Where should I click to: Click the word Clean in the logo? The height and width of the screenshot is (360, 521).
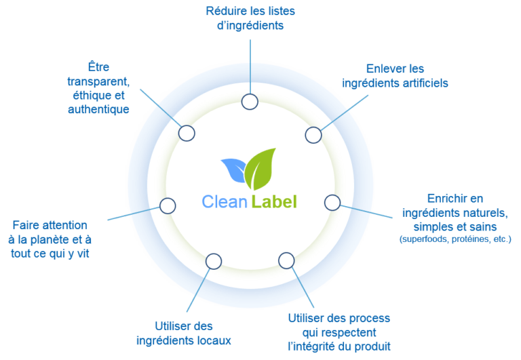pyautogui.click(x=225, y=202)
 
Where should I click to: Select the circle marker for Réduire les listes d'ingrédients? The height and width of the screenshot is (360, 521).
pyautogui.click(x=250, y=102)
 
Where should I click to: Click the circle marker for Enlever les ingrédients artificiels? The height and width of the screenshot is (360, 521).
pyautogui.click(x=313, y=135)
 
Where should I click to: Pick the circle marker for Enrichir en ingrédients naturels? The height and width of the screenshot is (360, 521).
pyautogui.click(x=332, y=202)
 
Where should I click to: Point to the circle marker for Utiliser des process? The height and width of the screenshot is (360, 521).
pyautogui.click(x=286, y=260)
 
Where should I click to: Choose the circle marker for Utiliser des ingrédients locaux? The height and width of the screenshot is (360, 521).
pyautogui.click(x=213, y=260)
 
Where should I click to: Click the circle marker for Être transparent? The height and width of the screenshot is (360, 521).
pyautogui.click(x=187, y=132)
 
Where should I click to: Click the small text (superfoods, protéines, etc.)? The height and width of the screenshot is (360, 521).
pyautogui.click(x=455, y=240)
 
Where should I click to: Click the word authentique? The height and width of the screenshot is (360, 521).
pyautogui.click(x=99, y=109)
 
